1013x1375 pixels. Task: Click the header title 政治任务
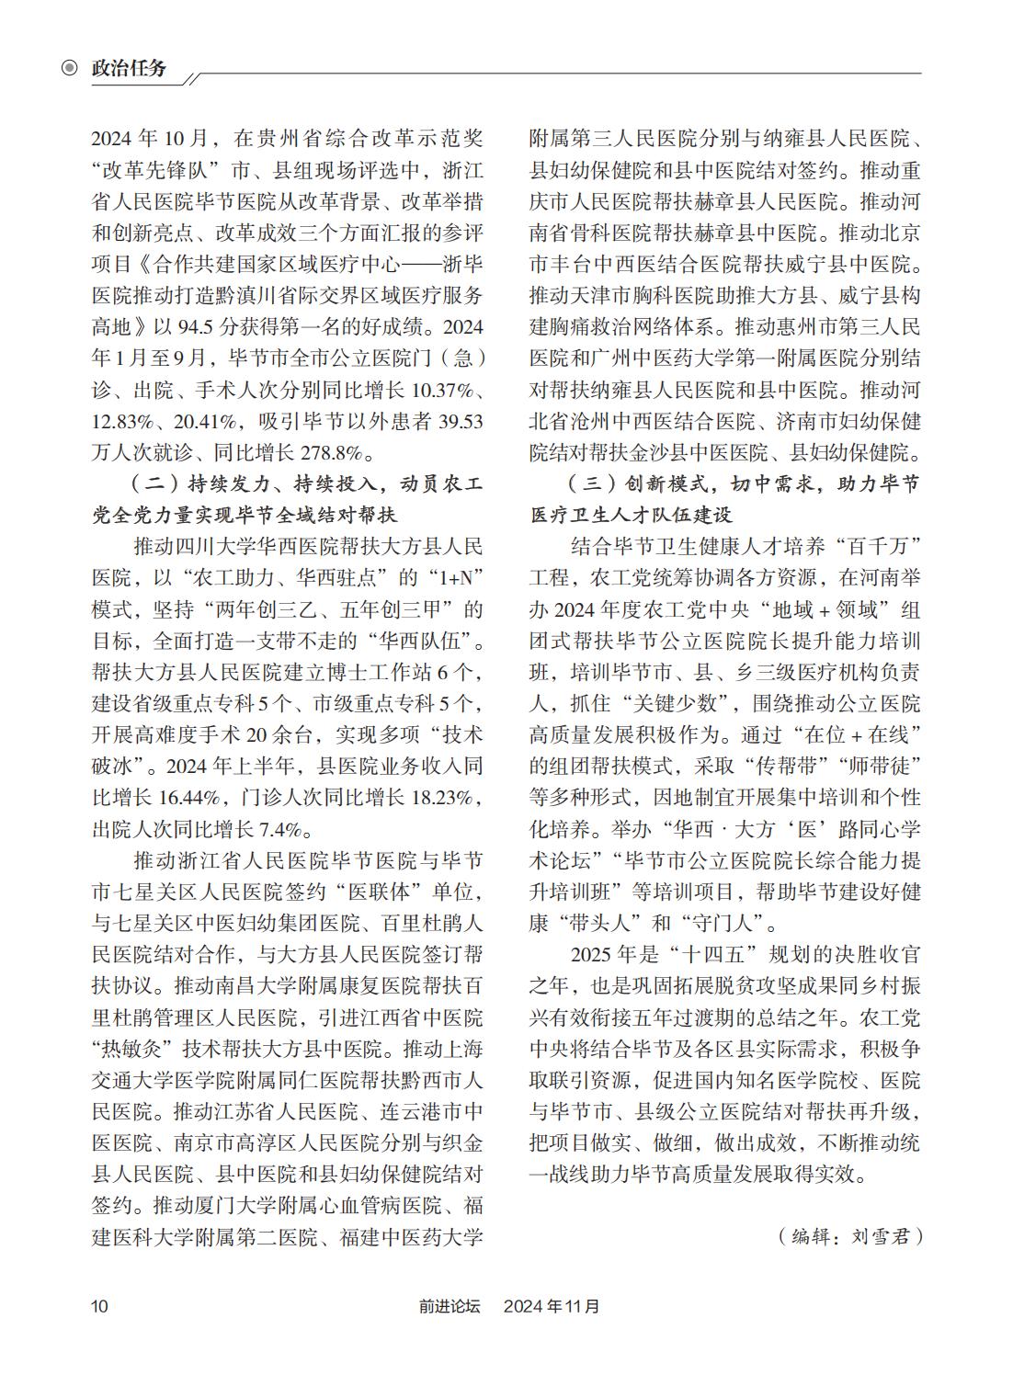pyautogui.click(x=130, y=68)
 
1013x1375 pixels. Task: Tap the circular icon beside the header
pyautogui.click(x=69, y=68)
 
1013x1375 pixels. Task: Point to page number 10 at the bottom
pyautogui.click(x=99, y=1305)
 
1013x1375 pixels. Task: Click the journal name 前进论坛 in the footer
pyautogui.click(x=450, y=1305)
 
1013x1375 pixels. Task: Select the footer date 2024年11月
pyautogui.click(x=552, y=1305)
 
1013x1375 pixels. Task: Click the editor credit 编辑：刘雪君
pyautogui.click(x=849, y=1235)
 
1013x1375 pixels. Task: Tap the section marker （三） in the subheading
pyautogui.click(x=586, y=484)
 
